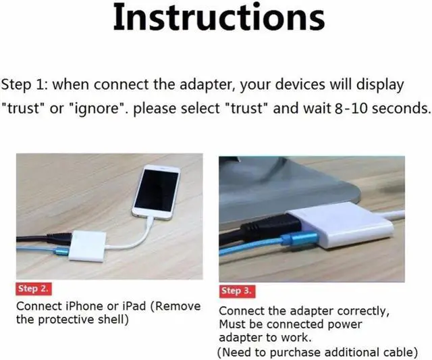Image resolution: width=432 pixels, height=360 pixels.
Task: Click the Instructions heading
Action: pyautogui.click(x=219, y=18)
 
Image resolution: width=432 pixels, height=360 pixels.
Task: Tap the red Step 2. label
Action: pyautogui.click(x=33, y=289)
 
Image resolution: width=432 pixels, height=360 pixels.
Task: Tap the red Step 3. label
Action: pyautogui.click(x=237, y=291)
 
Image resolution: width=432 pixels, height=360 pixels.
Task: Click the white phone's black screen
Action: pyautogui.click(x=156, y=191)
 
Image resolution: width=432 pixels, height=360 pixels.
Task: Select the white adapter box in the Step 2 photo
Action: pyautogui.click(x=87, y=247)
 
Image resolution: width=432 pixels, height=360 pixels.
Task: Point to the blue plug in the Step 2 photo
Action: pyautogui.click(x=62, y=252)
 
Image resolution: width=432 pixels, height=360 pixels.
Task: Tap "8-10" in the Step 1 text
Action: pyautogui.click(x=351, y=108)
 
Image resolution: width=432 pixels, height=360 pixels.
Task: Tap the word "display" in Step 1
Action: pyautogui.click(x=379, y=84)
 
